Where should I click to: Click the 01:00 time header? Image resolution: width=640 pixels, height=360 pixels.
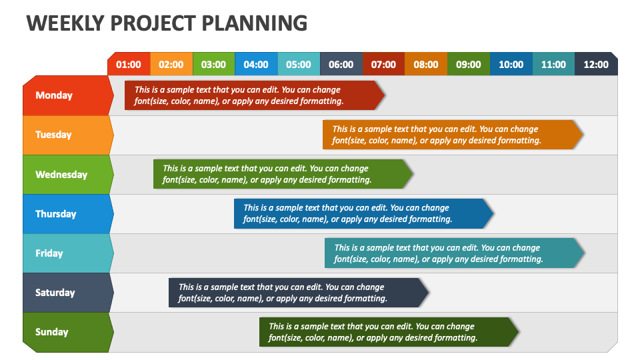[x=129, y=64]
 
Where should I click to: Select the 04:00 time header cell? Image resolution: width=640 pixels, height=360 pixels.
[x=256, y=64]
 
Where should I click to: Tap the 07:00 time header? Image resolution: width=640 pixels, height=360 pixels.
[x=384, y=64]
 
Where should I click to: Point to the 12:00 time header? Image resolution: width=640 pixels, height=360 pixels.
[x=596, y=64]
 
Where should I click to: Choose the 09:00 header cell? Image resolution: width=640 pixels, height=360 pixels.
[x=469, y=64]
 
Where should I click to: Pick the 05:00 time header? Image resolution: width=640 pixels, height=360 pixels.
[x=299, y=64]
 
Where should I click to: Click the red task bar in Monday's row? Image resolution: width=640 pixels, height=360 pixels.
[x=254, y=95]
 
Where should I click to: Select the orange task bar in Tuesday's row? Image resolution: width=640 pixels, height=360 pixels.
[x=453, y=135]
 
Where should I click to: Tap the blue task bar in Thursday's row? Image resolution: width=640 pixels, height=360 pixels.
[x=364, y=213]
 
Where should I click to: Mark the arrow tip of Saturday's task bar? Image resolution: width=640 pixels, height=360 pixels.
[x=429, y=293]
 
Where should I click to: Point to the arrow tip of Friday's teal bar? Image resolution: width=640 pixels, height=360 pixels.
[x=585, y=253]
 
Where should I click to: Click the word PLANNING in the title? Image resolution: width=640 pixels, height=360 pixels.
[x=254, y=23]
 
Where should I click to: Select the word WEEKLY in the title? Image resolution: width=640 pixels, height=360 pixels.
[x=65, y=23]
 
